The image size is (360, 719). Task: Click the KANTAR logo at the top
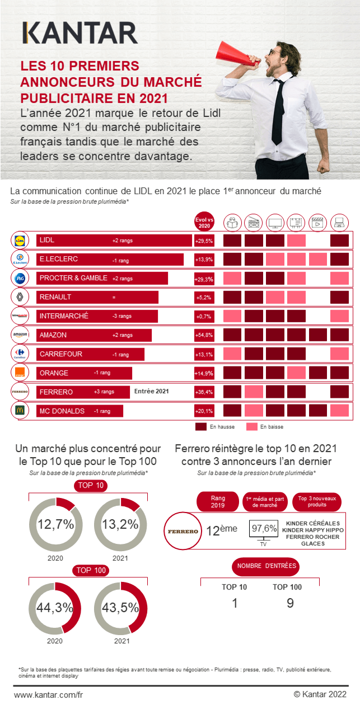[80, 34]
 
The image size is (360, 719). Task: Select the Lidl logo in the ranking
[20, 241]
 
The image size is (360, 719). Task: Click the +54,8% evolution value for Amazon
[204, 335]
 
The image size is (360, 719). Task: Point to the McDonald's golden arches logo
[20, 411]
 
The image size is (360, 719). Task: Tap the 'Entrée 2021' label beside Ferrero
[151, 392]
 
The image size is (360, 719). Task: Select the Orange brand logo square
[20, 373]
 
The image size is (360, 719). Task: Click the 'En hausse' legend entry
[216, 427]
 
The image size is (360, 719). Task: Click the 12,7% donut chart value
[56, 524]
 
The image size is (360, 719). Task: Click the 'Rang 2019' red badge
[217, 501]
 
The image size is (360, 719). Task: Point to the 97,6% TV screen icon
[264, 529]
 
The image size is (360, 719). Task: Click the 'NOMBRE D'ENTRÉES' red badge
[265, 566]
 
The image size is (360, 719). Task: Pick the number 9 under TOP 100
[290, 603]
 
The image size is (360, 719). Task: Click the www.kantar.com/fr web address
[48, 694]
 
